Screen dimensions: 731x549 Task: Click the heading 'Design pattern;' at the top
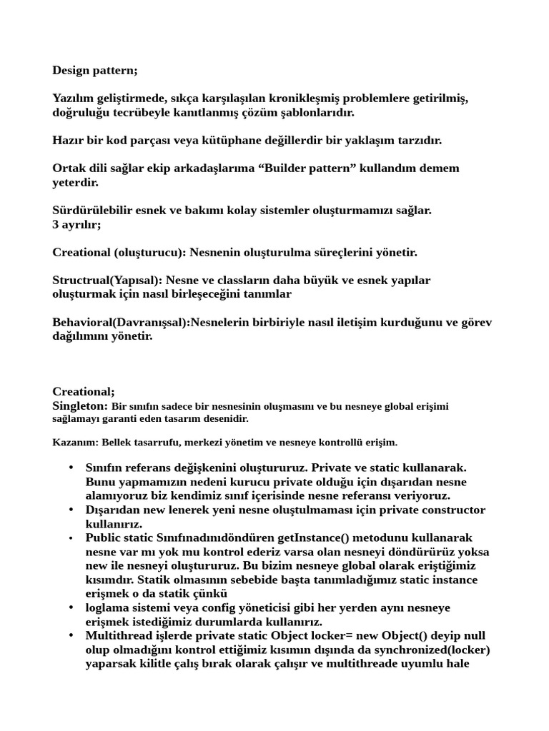[95, 71]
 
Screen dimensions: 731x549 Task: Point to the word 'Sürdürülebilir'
[91, 211]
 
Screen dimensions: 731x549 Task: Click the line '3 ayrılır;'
[76, 224]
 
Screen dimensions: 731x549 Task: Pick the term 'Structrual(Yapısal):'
[107, 280]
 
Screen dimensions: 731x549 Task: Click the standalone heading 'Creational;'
[83, 392]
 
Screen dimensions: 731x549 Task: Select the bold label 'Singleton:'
[80, 405]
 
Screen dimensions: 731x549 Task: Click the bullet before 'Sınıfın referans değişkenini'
[71, 468]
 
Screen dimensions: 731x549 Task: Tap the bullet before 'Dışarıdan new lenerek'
[71, 510]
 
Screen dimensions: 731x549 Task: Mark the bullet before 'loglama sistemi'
[71, 608]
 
